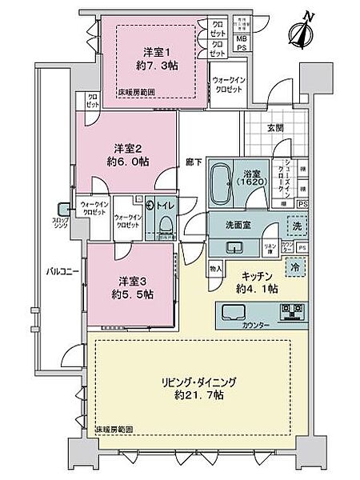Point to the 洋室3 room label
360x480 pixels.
(132, 282)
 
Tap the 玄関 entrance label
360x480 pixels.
(285, 126)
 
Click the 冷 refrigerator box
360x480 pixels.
(294, 267)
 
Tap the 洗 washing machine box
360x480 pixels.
(294, 226)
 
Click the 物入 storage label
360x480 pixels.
(217, 269)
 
